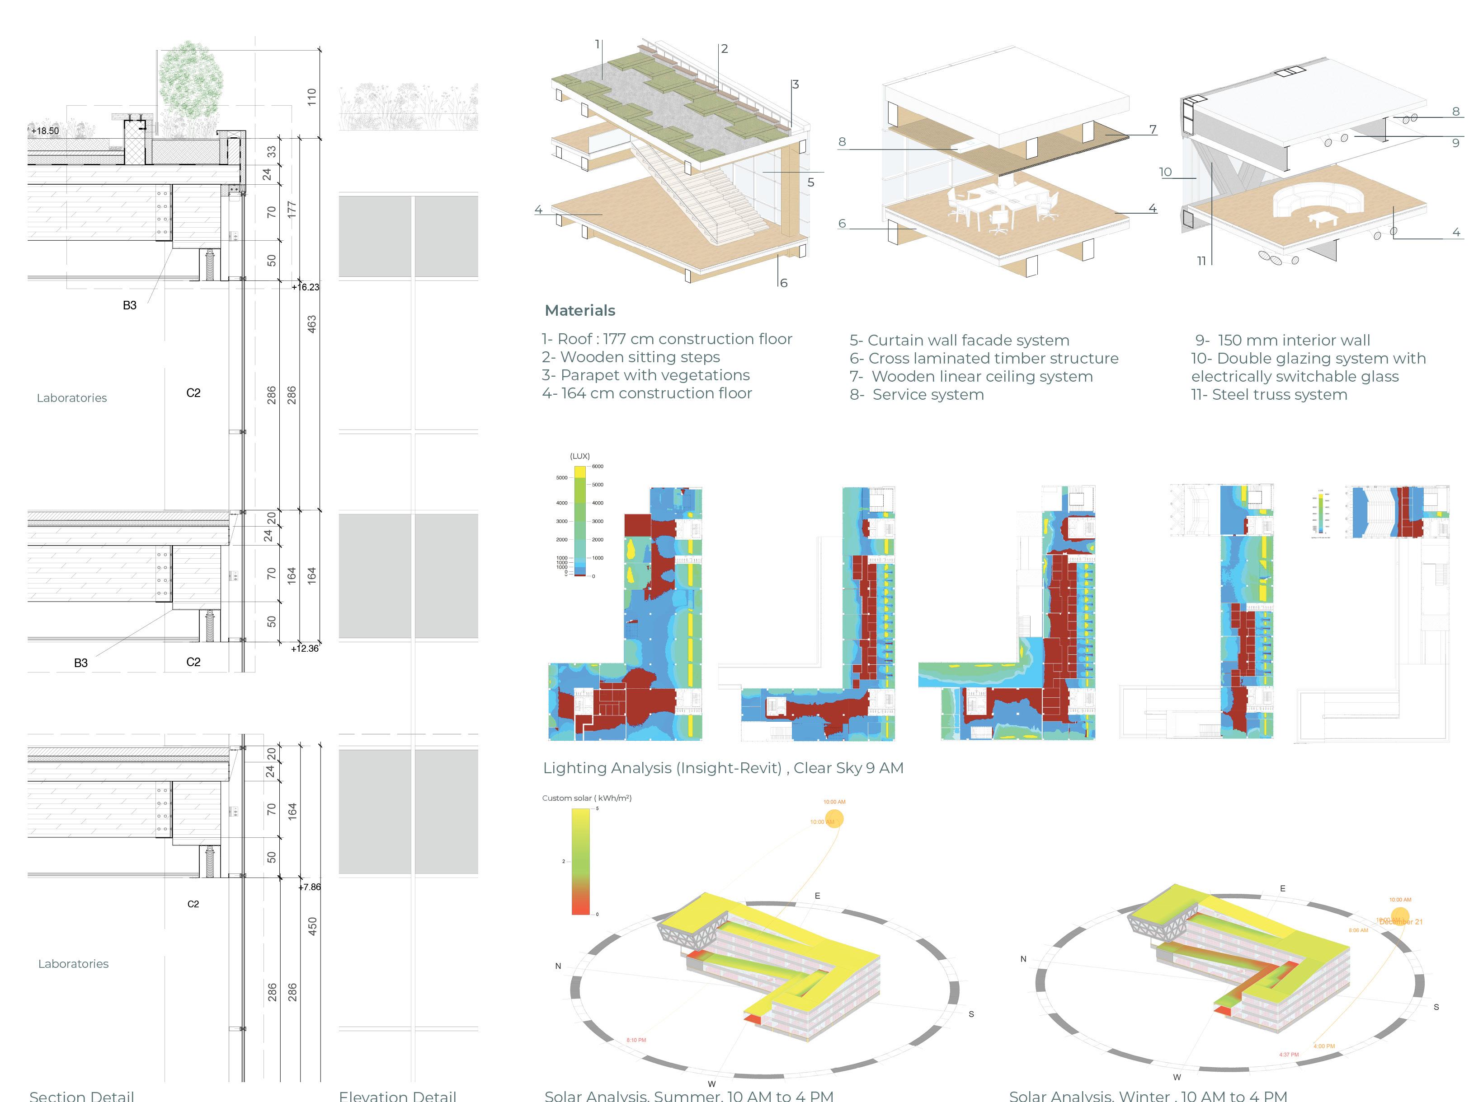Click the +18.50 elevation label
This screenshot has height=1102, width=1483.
pyautogui.click(x=45, y=131)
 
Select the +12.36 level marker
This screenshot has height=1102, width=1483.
pyautogui.click(x=305, y=649)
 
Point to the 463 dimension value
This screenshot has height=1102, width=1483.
pyautogui.click(x=312, y=324)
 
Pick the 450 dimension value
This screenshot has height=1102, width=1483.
pyautogui.click(x=312, y=926)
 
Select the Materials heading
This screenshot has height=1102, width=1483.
pyautogui.click(x=580, y=310)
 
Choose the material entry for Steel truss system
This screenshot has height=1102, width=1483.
pyautogui.click(x=1269, y=395)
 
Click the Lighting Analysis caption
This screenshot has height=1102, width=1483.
pyautogui.click(x=723, y=768)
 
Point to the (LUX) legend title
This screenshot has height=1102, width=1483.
pyautogui.click(x=580, y=456)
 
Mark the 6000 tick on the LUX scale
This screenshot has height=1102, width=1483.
pyautogui.click(x=598, y=466)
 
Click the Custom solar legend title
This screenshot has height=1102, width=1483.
pyautogui.click(x=587, y=798)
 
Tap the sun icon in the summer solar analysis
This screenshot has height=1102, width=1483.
pyautogui.click(x=833, y=818)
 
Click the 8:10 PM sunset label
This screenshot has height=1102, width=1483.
pyautogui.click(x=636, y=1040)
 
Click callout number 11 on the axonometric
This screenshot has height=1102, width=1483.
pyautogui.click(x=1201, y=261)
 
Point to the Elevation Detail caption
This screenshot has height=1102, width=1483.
pyautogui.click(x=398, y=1095)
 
